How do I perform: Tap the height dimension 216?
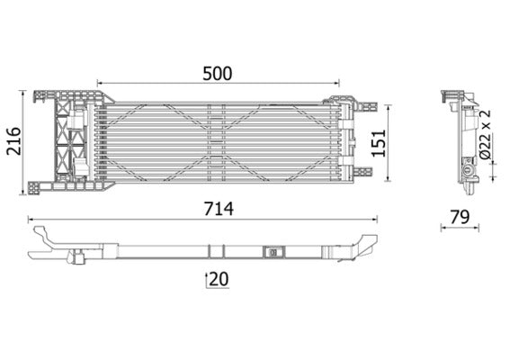pos(14,139)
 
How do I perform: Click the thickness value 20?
pos(217,280)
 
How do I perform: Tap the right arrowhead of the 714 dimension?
pos(373,219)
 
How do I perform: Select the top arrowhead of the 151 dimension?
pos(388,105)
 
